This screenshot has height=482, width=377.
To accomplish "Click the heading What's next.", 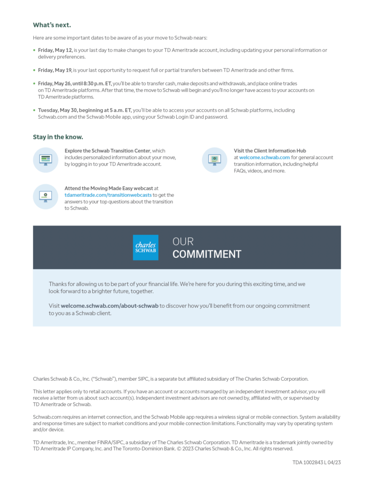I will pos(52,25).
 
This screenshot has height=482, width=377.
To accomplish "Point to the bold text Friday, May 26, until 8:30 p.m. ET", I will pos(75,83).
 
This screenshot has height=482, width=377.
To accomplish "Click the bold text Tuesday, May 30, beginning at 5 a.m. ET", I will pos(85,110).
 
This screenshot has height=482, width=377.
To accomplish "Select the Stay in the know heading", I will pos(58,137).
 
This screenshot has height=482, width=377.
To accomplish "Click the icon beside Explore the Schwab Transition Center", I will pos(45,160).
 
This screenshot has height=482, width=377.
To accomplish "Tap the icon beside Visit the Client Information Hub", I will pos(214,160).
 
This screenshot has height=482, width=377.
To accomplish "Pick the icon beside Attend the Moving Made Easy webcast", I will pos(45,196).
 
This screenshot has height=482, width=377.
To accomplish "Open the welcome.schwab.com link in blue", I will pos(264,158).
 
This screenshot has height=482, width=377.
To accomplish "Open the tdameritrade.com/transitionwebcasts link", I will pos(108,195).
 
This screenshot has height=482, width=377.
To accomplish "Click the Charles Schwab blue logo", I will pos(146,248).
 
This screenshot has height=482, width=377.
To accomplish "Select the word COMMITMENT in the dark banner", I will pos(206,255).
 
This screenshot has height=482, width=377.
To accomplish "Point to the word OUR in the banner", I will pos(183,241).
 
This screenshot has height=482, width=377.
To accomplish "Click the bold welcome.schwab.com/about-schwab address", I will pos(110,305).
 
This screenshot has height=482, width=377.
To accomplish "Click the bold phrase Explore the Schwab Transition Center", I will pos(108,151).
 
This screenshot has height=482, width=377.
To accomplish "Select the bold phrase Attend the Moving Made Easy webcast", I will pos(109,188).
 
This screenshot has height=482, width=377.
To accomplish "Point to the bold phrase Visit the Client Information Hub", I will pos(270,151).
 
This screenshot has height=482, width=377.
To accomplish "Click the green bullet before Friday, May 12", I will pos(34,50).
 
